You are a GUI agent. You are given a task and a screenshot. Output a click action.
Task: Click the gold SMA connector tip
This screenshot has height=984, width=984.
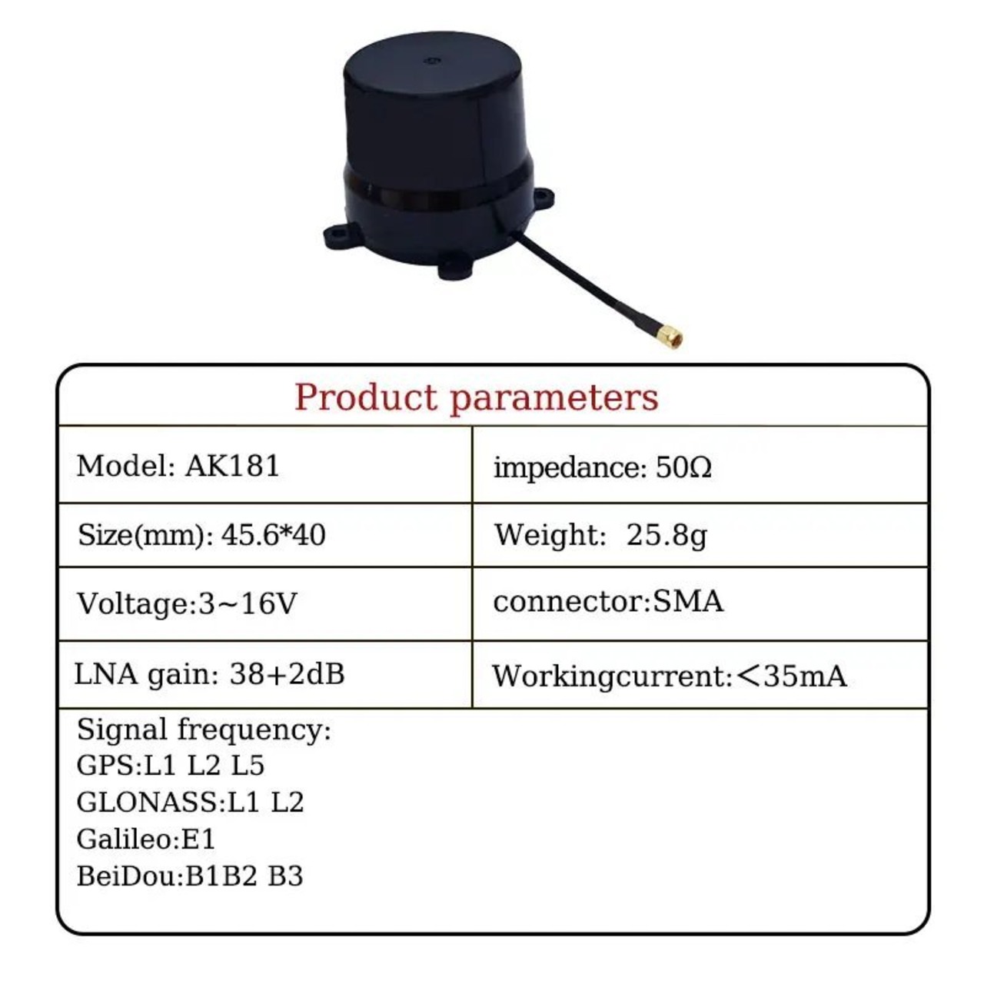(670, 337)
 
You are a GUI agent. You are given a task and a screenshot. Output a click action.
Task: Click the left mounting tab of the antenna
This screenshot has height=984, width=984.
(339, 237)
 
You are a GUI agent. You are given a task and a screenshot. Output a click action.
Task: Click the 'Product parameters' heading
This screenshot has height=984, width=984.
(477, 397)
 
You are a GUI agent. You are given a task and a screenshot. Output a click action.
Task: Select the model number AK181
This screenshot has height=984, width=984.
(232, 466)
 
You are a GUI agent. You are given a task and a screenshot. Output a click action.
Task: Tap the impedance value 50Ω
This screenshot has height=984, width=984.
(683, 467)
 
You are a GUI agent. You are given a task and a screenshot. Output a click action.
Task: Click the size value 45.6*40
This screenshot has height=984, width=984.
(273, 536)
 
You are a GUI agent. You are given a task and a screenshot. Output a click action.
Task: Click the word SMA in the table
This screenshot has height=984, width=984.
(688, 601)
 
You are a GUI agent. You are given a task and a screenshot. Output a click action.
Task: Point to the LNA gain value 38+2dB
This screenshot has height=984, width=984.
(287, 674)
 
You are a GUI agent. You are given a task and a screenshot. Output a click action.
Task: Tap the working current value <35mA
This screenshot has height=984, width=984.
(792, 676)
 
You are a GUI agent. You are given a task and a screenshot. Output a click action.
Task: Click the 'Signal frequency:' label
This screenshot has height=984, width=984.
(204, 730)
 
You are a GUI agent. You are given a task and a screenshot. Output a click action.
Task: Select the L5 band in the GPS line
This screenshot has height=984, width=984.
(248, 766)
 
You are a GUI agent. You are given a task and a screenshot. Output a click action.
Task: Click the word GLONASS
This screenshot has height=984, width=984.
(148, 803)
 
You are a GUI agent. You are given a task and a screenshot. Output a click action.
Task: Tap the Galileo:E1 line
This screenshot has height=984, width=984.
(146, 839)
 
